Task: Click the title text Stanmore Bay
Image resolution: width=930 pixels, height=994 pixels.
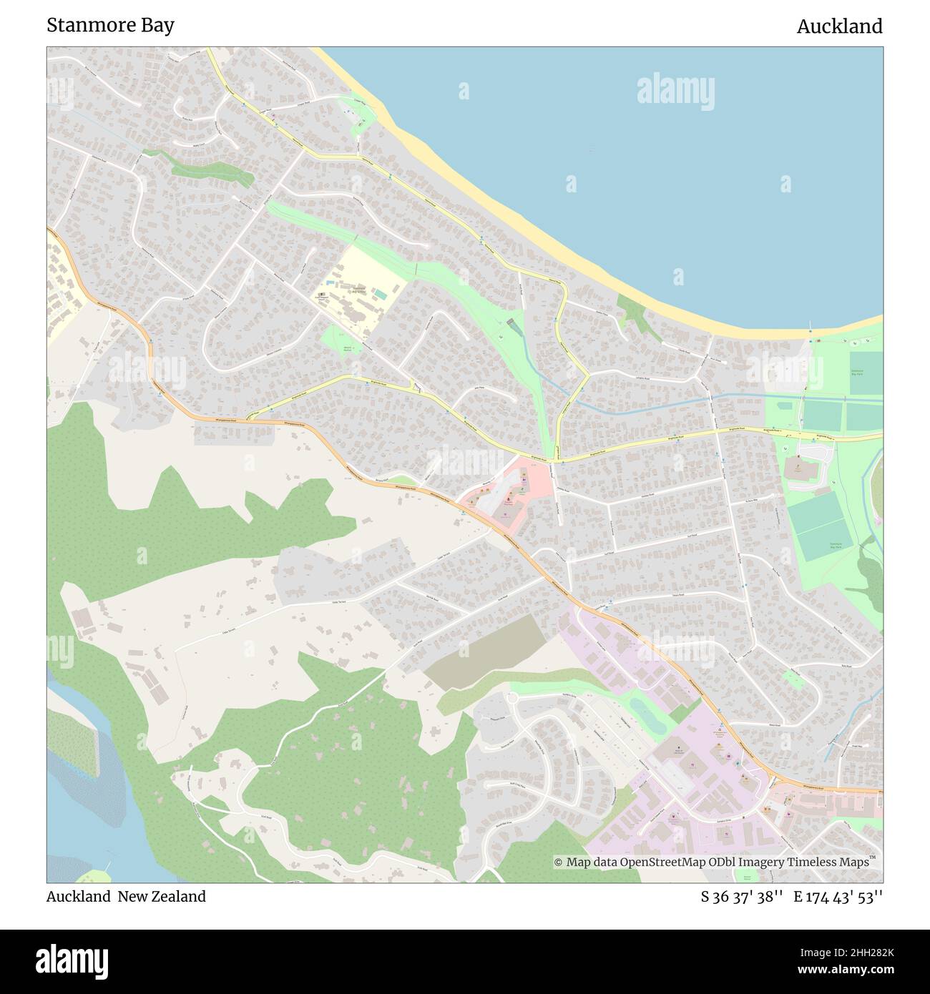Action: (x=110, y=25)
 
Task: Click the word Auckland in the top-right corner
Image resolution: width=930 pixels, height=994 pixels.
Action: (x=839, y=26)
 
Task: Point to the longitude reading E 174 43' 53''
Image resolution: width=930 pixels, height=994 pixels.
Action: (x=838, y=896)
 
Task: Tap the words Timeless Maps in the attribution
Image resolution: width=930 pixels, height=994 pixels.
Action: (x=832, y=862)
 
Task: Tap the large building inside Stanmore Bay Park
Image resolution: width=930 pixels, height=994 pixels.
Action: (x=797, y=469)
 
